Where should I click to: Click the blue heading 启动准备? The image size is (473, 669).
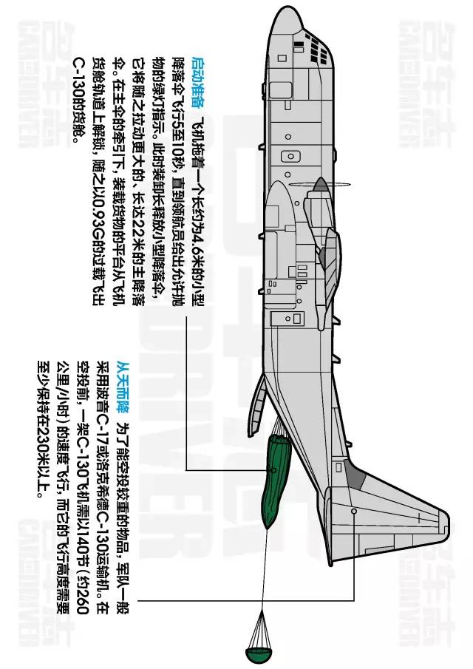click(x=197, y=72)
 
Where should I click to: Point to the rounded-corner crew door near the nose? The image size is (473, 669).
click(x=287, y=157)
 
